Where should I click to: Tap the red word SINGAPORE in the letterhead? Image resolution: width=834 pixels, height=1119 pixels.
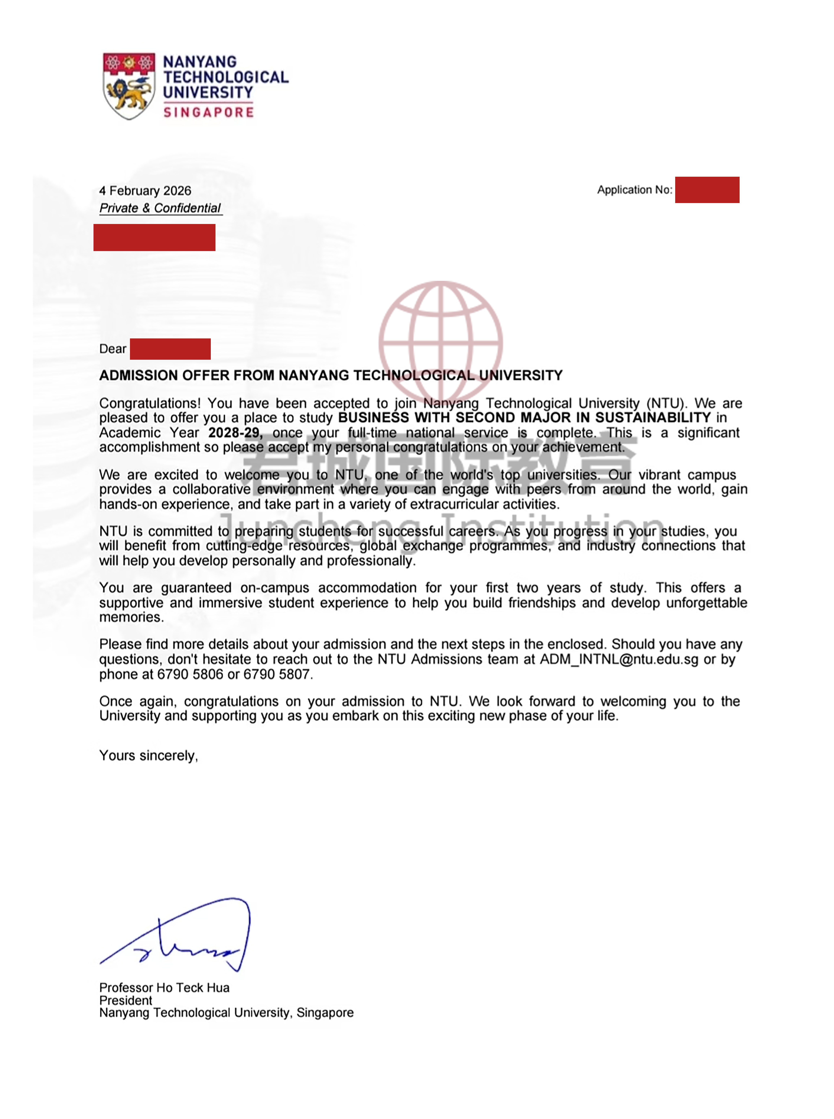208,112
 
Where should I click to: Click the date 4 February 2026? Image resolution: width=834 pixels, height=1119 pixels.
145,191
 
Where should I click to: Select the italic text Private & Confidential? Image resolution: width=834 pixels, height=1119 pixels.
160,208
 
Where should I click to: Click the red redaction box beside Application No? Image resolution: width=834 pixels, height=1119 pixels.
707,190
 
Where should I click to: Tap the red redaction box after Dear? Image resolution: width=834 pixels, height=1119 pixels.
170,349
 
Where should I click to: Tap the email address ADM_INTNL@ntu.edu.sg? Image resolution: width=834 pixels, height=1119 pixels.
619,659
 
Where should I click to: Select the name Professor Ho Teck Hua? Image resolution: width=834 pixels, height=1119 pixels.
164,988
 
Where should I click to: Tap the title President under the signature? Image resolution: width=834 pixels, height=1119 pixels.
126,1000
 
